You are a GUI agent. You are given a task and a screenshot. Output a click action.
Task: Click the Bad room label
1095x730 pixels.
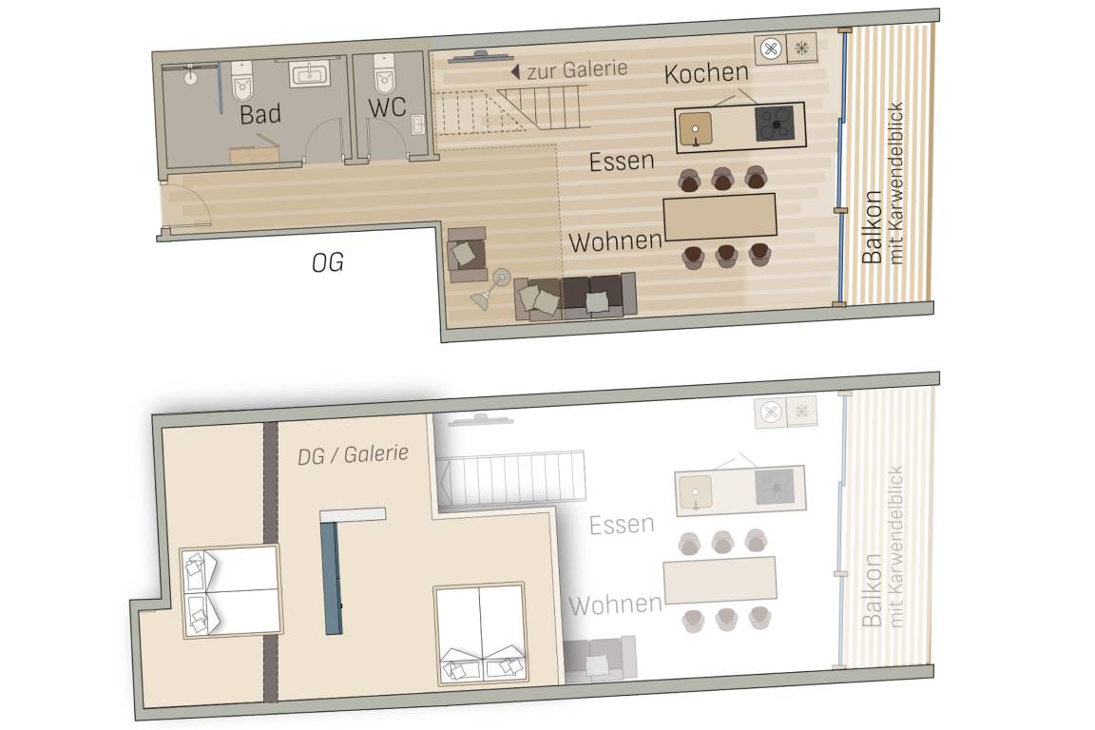tap(259, 114)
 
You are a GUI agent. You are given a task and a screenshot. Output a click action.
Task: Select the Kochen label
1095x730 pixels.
tap(706, 72)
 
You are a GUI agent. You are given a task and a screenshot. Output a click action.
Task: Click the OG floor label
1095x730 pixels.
tap(328, 262)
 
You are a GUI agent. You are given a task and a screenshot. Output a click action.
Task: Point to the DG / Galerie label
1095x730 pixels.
tap(353, 454)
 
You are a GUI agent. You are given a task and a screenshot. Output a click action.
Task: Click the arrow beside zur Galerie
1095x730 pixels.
tap(515, 71)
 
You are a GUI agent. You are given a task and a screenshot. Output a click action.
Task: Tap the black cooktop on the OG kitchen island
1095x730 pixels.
tap(775, 124)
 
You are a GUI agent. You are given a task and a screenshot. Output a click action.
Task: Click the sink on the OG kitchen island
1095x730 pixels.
tap(696, 129)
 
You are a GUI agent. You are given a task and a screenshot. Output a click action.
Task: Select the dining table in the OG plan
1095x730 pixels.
tap(720, 217)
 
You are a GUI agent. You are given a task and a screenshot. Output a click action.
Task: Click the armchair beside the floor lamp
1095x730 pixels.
tap(467, 255)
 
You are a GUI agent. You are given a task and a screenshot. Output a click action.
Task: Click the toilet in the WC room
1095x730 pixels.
tap(385, 74)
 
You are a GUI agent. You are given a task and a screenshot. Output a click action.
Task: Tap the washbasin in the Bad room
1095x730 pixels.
tap(309, 73)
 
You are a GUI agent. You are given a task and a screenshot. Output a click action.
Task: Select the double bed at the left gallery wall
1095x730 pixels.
tap(231, 591)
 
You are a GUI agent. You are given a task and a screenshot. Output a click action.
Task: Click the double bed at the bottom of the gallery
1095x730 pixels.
tap(480, 634)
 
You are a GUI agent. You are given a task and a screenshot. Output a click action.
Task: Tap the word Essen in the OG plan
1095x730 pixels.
tap(622, 162)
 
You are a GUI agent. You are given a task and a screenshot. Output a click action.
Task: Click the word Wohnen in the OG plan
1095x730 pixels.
tap(615, 241)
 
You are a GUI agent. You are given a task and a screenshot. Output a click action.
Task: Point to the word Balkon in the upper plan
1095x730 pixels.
tap(873, 227)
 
